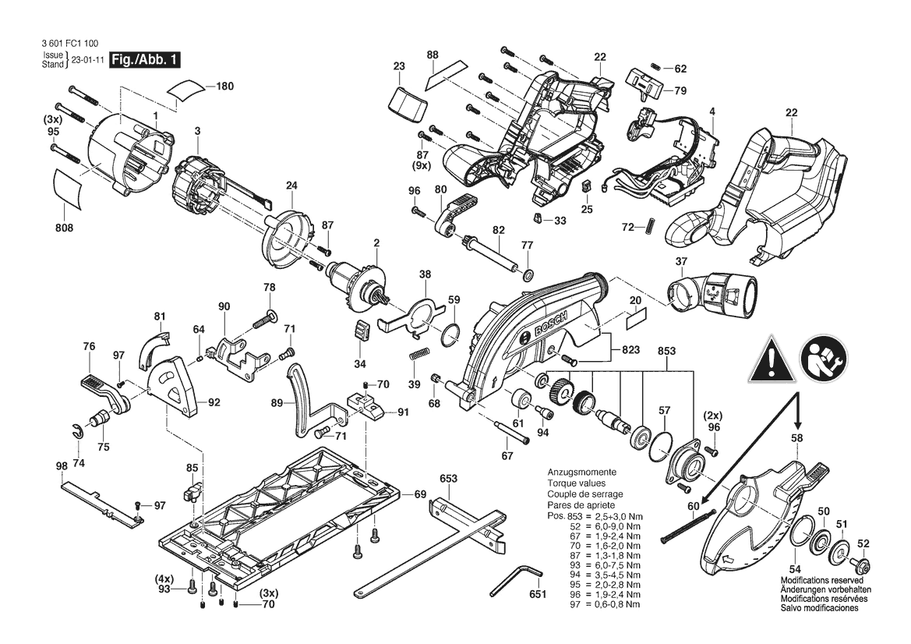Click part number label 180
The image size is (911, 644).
click(x=224, y=86)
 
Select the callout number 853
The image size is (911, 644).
click(x=666, y=351)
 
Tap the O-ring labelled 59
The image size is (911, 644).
click(x=451, y=335)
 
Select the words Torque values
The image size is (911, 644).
click(x=577, y=483)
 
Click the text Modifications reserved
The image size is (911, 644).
click(x=821, y=580)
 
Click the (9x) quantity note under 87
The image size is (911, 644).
click(x=422, y=165)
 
